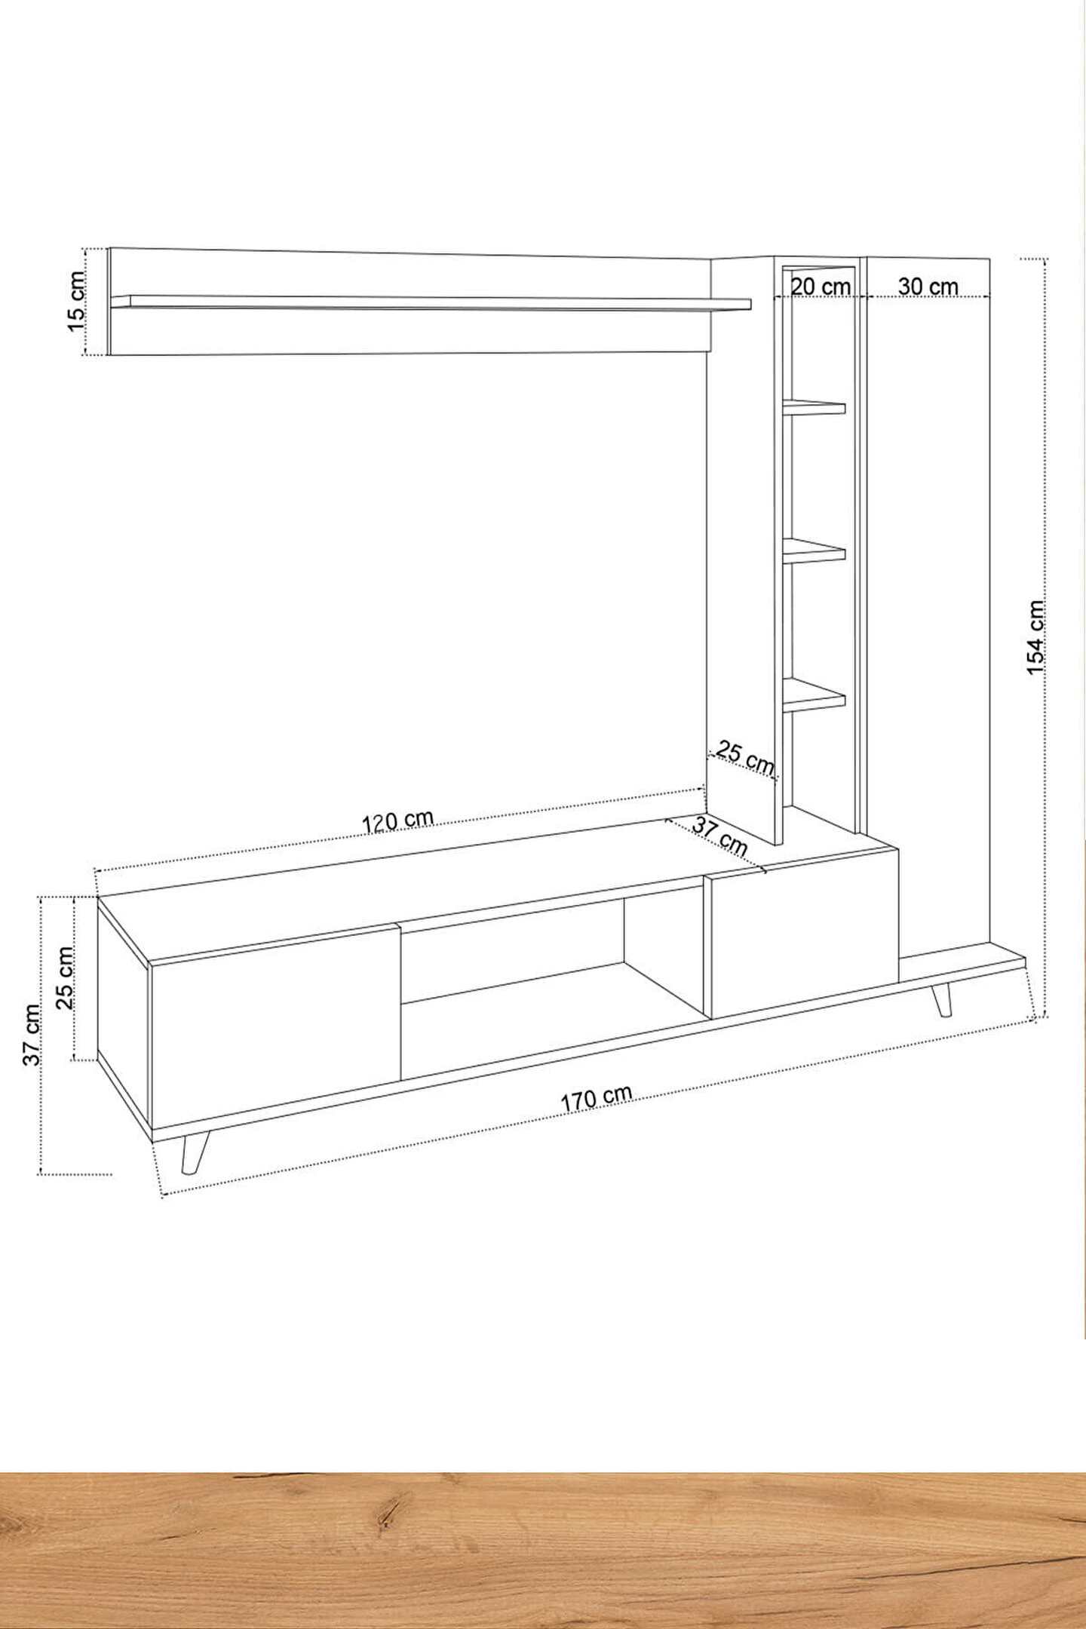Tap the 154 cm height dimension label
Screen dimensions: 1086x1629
pos(1037,638)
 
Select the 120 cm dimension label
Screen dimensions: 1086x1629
pos(398,821)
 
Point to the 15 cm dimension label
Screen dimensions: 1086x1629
pos(76,299)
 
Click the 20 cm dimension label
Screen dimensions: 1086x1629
pos(821,287)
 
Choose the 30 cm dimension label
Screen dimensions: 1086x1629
pos(928,287)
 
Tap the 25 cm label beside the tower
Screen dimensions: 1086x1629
pos(745,757)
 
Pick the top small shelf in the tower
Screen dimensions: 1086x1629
pos(814,407)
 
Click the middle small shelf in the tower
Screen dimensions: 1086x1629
pos(814,551)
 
